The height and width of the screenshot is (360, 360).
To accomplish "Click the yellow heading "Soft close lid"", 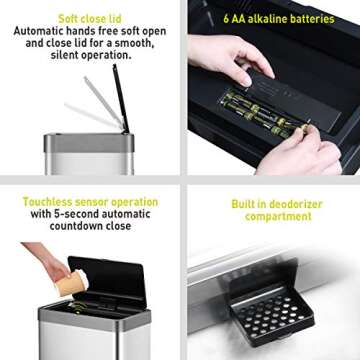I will point(89,16).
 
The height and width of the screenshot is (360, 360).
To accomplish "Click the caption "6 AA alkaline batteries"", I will point(277,17).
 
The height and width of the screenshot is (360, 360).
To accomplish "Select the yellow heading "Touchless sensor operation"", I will point(91,201).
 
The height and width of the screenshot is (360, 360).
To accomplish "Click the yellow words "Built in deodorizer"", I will point(277,205).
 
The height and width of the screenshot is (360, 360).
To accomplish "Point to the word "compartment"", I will point(277,218).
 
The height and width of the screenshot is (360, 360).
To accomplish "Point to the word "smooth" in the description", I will point(136,43).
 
